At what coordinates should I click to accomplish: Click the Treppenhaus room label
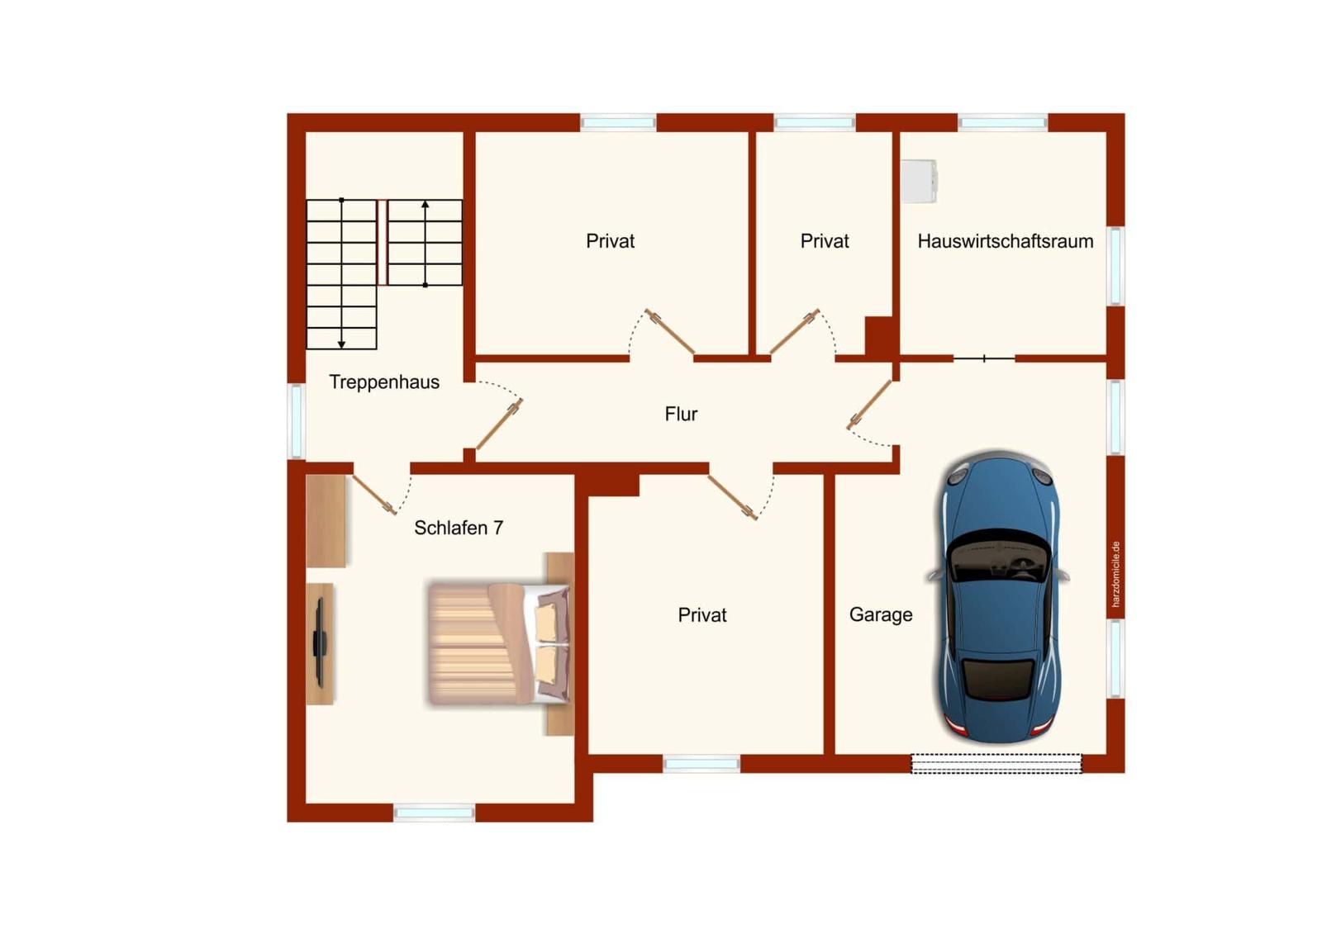[384, 382]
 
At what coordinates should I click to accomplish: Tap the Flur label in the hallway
[681, 415]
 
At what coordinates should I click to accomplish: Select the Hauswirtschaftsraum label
[1006, 241]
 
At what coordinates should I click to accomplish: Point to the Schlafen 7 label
[459, 528]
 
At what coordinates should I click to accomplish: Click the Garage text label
[881, 614]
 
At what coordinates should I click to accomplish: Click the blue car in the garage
[999, 597]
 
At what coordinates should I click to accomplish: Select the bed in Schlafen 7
[499, 644]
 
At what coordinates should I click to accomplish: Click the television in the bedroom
[321, 643]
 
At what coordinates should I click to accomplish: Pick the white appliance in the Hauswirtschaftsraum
[919, 181]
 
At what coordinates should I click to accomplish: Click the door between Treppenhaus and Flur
[499, 424]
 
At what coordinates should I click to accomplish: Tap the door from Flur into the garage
[869, 405]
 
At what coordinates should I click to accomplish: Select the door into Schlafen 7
[375, 495]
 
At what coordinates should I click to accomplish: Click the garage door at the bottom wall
[996, 764]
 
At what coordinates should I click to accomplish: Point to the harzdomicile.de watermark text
[1115, 574]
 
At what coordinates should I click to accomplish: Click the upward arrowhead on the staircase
[425, 204]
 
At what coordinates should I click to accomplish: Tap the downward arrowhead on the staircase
[341, 344]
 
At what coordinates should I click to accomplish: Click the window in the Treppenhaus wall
[296, 420]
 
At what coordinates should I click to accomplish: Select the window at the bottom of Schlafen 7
[434, 813]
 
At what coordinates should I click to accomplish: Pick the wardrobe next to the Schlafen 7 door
[326, 521]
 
